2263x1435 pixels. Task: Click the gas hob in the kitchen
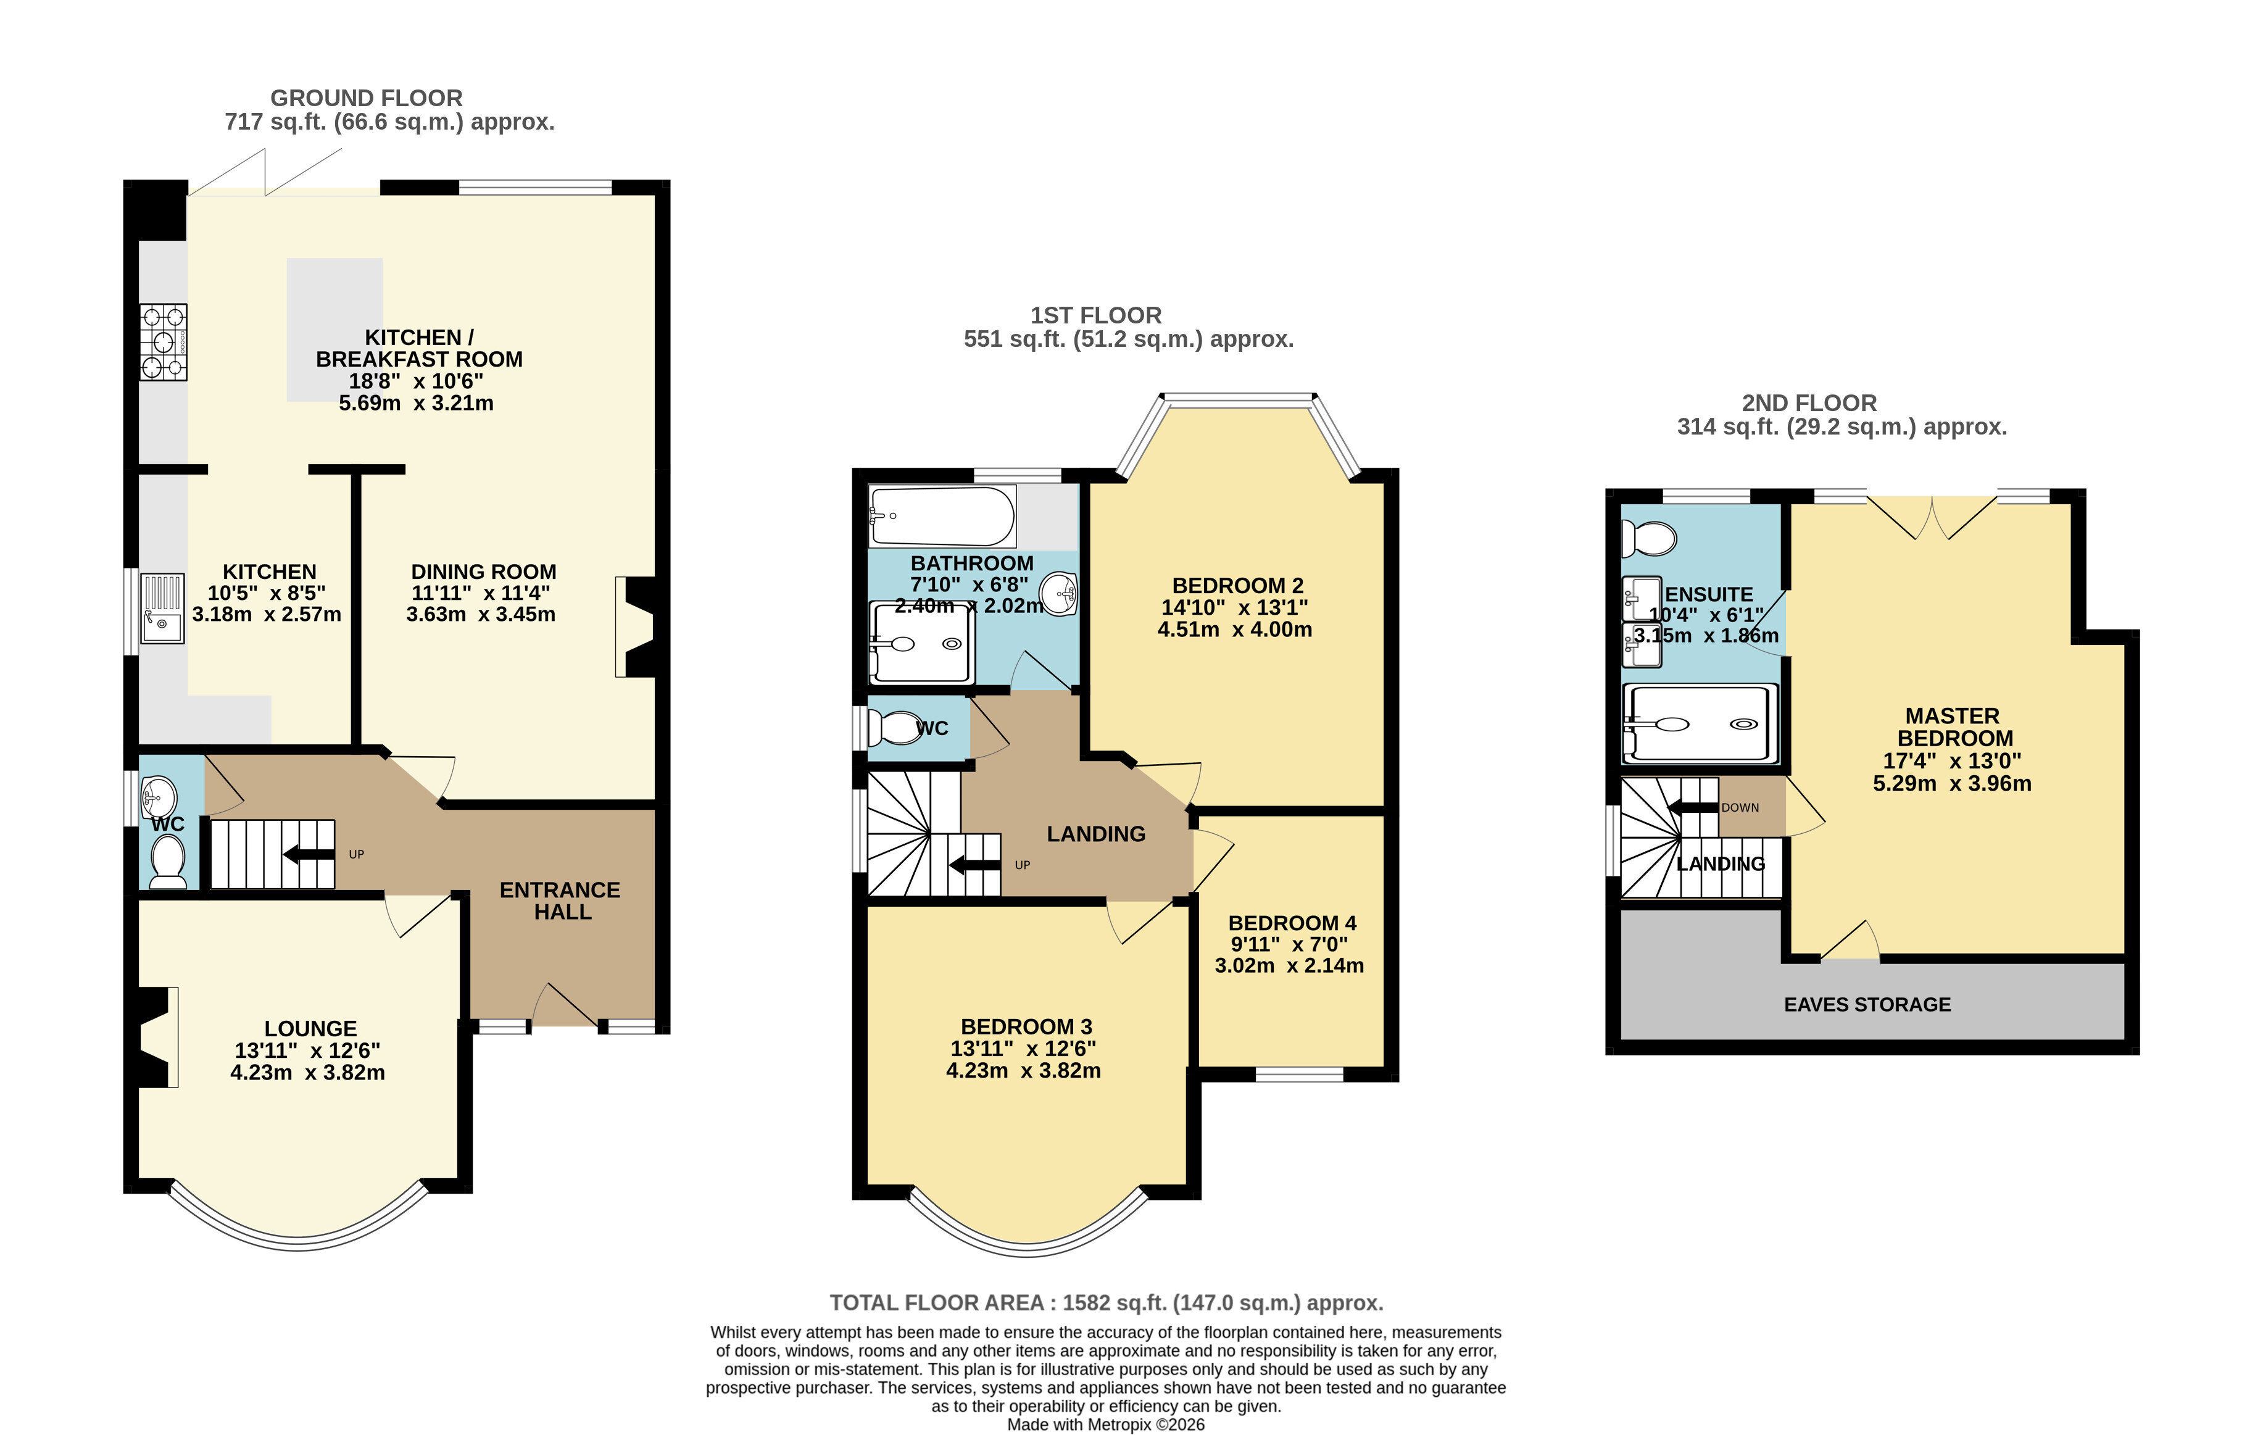pyautogui.click(x=164, y=342)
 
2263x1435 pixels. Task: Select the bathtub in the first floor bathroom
pyautogui.click(x=942, y=516)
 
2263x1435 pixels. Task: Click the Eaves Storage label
pyautogui.click(x=1867, y=1005)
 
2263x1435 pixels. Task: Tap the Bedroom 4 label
pyautogui.click(x=1292, y=923)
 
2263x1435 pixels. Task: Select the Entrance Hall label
pyautogui.click(x=561, y=901)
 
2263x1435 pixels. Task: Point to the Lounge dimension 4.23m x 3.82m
pyautogui.click(x=307, y=1072)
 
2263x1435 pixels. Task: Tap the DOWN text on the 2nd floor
pyautogui.click(x=1740, y=807)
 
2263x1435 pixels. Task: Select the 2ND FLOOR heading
pyautogui.click(x=1809, y=403)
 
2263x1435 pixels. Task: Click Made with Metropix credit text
pyautogui.click(x=1106, y=1425)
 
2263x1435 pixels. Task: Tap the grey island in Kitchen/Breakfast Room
pyautogui.click(x=334, y=330)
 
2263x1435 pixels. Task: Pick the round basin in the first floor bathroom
pyautogui.click(x=1060, y=594)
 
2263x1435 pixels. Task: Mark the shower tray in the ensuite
pyautogui.click(x=1701, y=723)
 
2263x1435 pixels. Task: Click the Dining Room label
pyautogui.click(x=483, y=572)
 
